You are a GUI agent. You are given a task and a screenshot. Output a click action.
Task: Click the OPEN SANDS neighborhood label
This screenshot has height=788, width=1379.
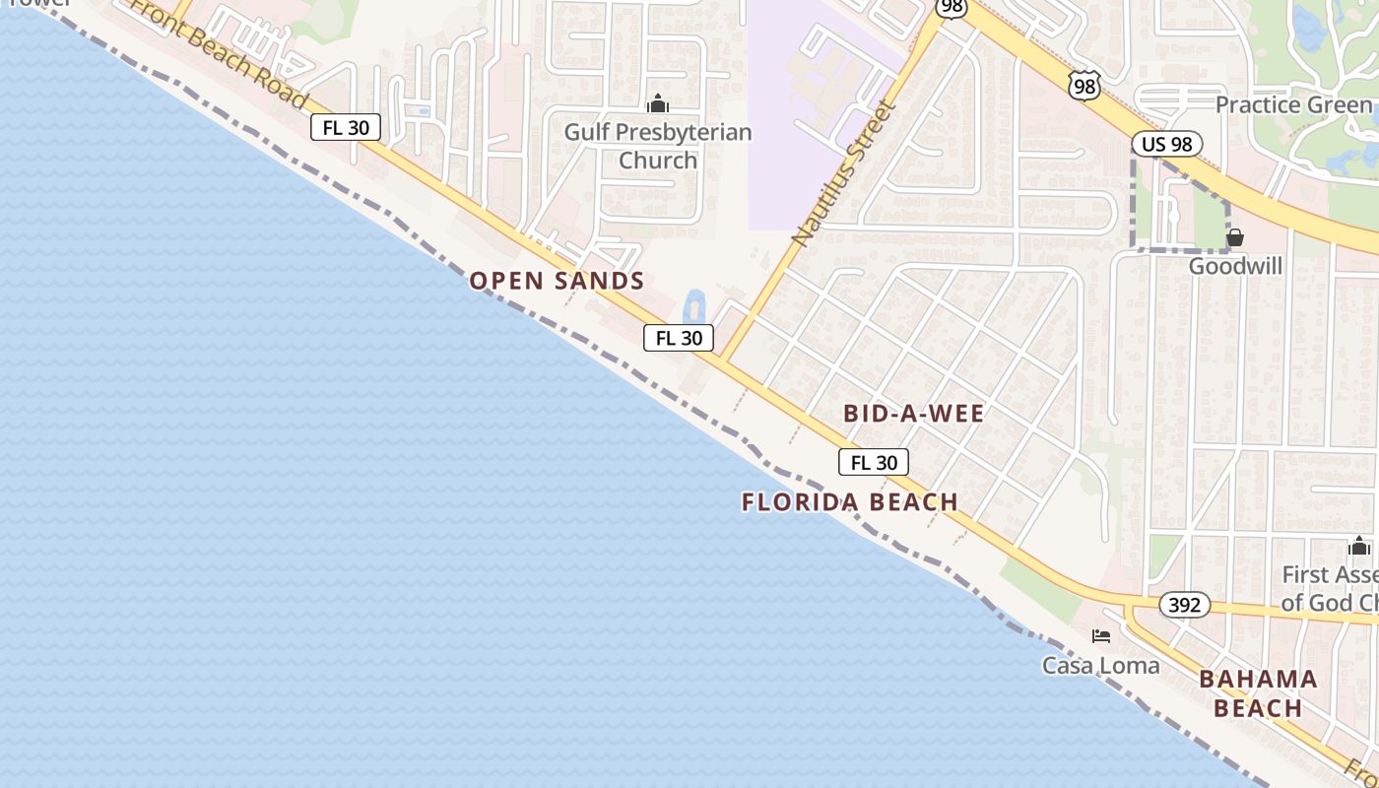557,281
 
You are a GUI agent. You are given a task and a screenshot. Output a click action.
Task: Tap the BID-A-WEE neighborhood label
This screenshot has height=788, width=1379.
913,414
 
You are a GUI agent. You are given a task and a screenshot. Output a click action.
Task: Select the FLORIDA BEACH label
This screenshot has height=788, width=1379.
850,502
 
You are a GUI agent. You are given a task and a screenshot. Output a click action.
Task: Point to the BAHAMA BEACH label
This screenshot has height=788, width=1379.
1258,693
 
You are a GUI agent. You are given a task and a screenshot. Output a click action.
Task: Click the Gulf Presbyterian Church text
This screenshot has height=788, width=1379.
658,146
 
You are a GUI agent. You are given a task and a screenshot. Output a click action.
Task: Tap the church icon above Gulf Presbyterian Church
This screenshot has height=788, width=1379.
658,103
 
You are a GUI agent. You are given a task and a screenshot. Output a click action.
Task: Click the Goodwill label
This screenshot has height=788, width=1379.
1235,266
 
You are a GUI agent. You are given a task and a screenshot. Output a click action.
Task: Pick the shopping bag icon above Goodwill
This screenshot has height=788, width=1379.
1235,237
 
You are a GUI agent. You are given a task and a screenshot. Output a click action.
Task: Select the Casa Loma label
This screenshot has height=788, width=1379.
1101,666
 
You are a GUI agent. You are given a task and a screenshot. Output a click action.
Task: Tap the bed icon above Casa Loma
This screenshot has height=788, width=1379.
1101,636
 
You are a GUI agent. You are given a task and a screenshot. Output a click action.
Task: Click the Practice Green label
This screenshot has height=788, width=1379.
1293,104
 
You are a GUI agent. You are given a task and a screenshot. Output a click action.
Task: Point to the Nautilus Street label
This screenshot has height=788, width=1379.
844,172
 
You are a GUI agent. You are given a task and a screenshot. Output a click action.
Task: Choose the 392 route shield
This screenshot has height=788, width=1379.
1183,605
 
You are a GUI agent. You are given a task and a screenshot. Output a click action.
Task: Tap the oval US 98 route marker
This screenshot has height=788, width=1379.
1167,144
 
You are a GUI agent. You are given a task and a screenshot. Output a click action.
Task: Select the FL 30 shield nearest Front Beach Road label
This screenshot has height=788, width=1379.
346,127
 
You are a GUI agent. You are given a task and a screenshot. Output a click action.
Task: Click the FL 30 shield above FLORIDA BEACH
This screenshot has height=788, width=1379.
874,462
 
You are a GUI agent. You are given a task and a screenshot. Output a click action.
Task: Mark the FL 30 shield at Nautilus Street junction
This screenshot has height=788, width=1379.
679,338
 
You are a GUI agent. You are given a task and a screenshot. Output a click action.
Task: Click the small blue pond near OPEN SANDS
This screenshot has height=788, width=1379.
693,305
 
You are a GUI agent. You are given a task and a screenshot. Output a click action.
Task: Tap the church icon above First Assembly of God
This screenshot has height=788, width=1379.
1360,547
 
